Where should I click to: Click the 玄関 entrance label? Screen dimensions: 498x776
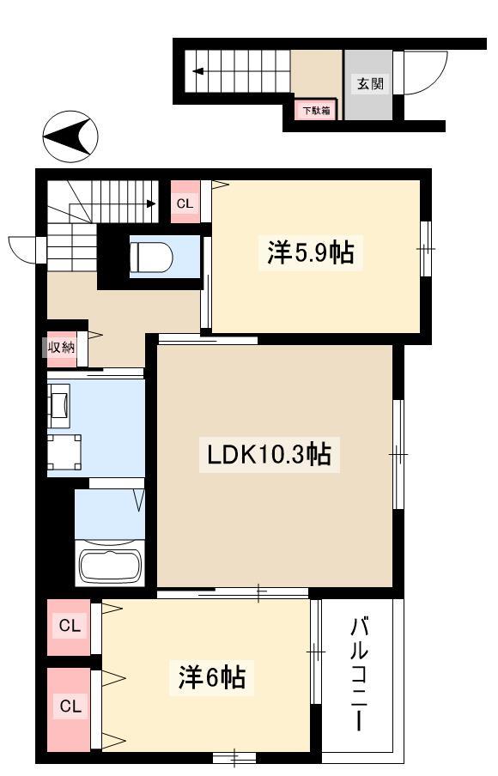pyautogui.click(x=370, y=83)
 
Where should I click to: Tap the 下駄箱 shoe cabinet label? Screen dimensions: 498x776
pyautogui.click(x=317, y=111)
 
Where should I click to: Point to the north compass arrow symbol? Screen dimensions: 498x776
pyautogui.click(x=70, y=136)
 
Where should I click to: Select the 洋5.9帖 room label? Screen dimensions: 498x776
pyautogui.click(x=310, y=252)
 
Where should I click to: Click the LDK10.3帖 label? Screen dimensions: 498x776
pyautogui.click(x=269, y=454)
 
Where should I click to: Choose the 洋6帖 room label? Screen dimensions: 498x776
pyautogui.click(x=212, y=677)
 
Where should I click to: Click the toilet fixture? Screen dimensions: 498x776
pyautogui.click(x=151, y=257)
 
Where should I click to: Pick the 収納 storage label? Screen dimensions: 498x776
pyautogui.click(x=61, y=348)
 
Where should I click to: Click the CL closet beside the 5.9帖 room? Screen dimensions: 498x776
pyautogui.click(x=185, y=203)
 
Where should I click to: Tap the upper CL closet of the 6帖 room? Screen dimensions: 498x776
pyautogui.click(x=70, y=627)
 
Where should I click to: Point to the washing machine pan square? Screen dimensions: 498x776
pyautogui.click(x=64, y=452)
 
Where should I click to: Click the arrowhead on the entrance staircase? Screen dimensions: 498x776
pyautogui.click(x=198, y=71)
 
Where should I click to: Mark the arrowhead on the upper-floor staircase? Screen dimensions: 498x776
pyautogui.click(x=151, y=203)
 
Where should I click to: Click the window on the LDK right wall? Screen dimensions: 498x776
pyautogui.click(x=398, y=454)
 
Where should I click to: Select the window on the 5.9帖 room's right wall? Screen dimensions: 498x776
pyautogui.click(x=426, y=248)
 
